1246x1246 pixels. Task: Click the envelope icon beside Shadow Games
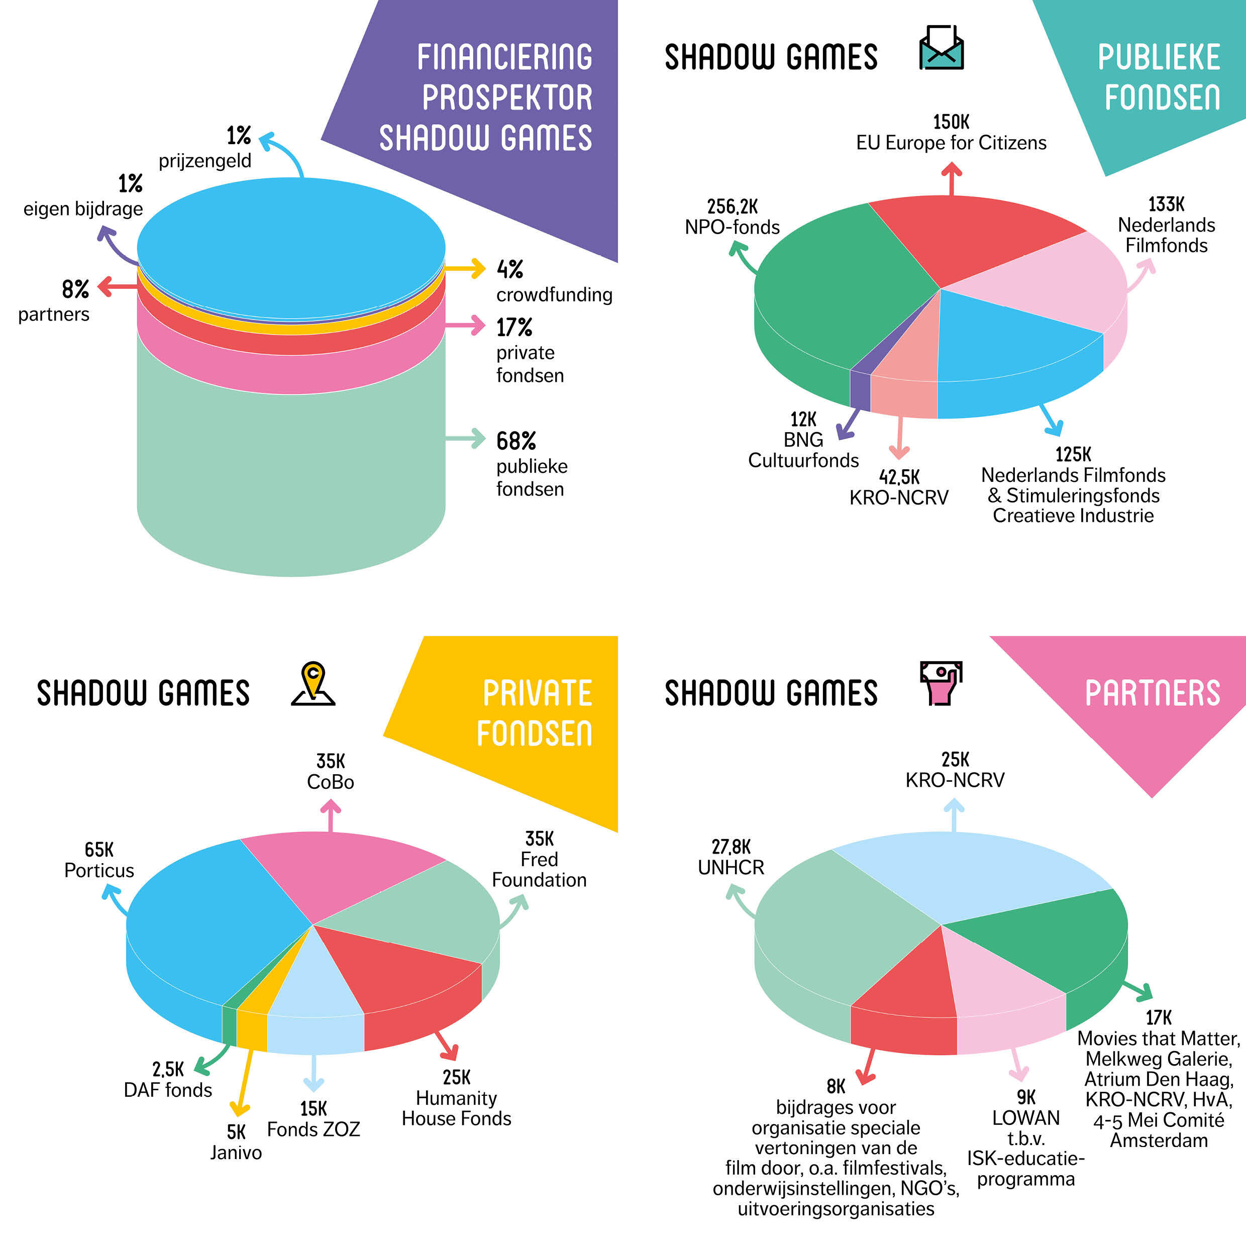click(941, 48)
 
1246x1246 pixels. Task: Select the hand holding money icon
click(941, 682)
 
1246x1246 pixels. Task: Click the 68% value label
click(516, 441)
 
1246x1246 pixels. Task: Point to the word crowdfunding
click(554, 295)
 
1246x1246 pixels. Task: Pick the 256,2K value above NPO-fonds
click(732, 206)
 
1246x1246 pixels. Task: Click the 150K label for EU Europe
click(951, 122)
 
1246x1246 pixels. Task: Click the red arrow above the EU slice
click(951, 177)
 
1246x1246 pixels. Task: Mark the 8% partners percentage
click(75, 289)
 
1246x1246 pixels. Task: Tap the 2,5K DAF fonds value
click(168, 1069)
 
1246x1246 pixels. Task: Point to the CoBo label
click(330, 782)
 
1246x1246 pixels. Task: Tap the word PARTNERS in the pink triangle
click(1152, 693)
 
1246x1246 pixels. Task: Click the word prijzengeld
click(204, 161)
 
